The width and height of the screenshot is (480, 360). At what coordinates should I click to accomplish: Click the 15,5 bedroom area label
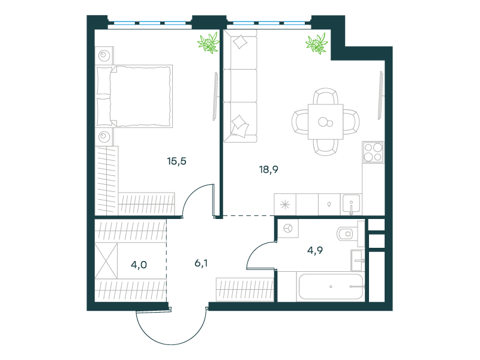176,161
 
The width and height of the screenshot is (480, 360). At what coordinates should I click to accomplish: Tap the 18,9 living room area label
269,169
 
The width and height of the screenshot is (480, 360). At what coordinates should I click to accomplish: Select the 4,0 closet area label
139,265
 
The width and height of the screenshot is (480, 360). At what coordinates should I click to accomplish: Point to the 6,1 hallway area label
201,263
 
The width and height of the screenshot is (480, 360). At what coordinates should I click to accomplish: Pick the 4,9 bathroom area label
315,250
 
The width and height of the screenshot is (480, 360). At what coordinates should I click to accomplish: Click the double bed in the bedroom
134,96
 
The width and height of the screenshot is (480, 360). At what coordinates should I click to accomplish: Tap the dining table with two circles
325,122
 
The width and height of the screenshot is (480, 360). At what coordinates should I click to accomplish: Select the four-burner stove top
373,152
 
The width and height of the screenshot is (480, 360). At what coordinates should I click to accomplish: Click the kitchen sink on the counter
351,204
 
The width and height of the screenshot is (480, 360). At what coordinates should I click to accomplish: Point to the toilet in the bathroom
347,234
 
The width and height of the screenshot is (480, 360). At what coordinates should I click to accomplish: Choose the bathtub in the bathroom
331,287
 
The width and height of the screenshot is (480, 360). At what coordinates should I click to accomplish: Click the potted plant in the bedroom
209,43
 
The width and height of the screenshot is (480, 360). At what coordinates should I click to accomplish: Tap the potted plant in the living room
317,44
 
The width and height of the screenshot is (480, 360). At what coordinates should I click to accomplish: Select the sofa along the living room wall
241,86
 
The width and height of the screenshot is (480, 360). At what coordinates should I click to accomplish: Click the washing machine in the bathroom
288,229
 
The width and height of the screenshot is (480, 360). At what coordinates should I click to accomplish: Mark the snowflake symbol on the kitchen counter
285,205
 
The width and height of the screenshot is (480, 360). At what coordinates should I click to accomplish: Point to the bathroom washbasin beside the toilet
358,260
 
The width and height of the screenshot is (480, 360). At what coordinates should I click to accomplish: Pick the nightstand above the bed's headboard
104,55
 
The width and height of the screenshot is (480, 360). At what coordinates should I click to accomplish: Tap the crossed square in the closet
106,261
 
